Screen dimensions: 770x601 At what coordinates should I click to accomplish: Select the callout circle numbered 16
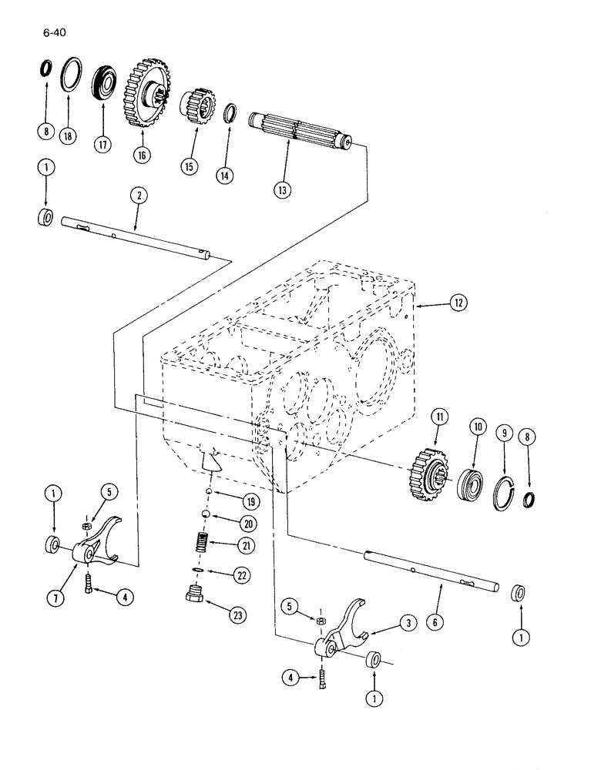click(x=142, y=154)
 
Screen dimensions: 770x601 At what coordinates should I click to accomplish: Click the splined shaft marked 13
click(x=300, y=131)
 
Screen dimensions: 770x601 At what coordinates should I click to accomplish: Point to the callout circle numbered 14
click(x=224, y=175)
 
